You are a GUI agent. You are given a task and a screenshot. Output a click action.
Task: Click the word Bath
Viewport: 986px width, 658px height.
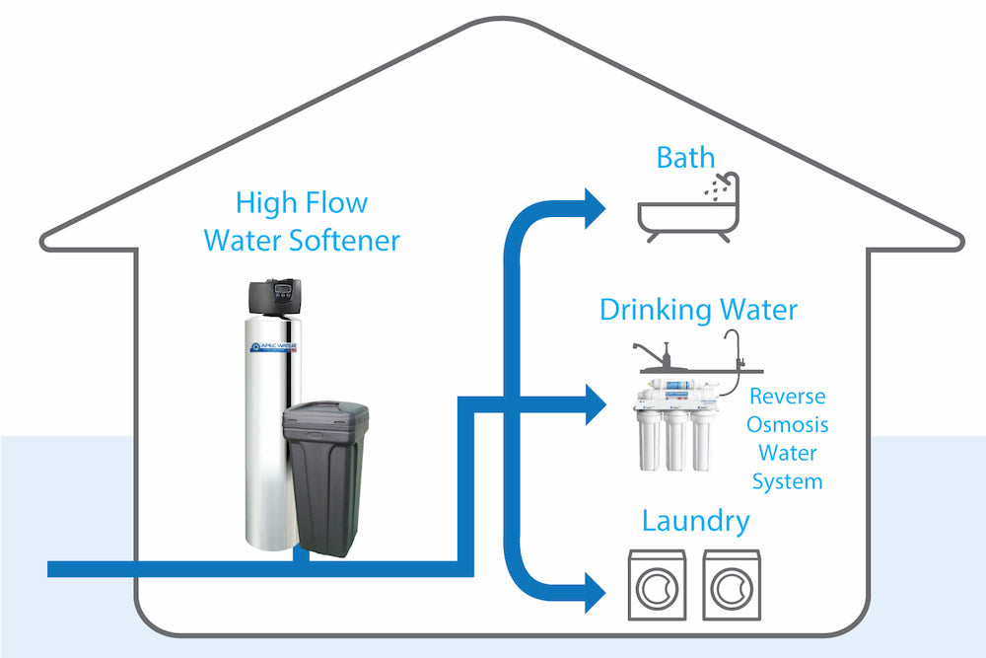point(685,157)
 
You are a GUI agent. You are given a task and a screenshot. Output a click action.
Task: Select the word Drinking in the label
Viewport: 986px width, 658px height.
point(654,311)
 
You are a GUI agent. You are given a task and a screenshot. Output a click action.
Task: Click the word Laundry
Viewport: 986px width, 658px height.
point(695,520)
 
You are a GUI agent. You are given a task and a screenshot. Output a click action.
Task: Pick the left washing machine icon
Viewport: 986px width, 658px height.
point(658,585)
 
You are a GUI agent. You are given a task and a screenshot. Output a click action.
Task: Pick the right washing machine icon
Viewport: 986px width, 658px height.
point(732,585)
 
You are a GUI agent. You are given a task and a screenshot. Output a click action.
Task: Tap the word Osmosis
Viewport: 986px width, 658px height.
point(788,426)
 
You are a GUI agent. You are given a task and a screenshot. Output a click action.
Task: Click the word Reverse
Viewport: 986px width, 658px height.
point(787,398)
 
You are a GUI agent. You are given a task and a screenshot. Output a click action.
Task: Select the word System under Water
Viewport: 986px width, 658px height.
point(787,482)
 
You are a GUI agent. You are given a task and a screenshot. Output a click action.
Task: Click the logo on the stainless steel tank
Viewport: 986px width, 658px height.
point(276,346)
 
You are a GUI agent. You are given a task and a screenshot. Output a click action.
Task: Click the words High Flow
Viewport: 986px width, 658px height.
point(301,203)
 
